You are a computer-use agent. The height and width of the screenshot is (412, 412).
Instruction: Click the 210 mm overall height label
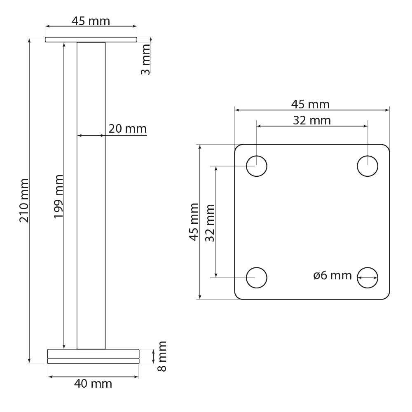(24, 200)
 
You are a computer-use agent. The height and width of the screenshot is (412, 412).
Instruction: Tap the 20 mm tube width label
(127, 129)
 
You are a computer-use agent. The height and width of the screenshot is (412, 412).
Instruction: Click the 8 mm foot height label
(162, 356)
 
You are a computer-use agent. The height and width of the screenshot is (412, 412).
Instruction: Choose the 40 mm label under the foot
(93, 384)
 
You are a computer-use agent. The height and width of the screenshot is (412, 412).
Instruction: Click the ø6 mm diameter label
(332, 276)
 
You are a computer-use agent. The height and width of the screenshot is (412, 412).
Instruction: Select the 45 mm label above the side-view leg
(91, 21)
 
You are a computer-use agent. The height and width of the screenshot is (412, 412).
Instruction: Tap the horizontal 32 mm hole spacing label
(311, 120)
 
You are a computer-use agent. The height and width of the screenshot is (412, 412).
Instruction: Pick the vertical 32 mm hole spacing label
(210, 223)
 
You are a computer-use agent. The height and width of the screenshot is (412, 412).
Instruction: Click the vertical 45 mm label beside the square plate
(194, 222)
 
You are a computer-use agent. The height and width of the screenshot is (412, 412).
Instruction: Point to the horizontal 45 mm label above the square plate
(310, 105)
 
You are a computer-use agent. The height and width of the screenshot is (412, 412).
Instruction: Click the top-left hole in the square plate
(257, 166)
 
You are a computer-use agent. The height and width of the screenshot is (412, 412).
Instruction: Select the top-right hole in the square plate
(367, 166)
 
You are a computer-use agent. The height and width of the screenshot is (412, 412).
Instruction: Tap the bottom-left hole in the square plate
(257, 277)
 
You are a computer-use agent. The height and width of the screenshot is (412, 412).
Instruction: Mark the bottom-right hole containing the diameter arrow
(367, 277)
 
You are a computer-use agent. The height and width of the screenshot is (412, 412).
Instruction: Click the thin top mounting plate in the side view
(91, 40)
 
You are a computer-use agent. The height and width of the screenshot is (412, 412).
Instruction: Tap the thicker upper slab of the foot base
(93, 353)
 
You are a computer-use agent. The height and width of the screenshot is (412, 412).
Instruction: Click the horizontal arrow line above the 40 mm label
(93, 376)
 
